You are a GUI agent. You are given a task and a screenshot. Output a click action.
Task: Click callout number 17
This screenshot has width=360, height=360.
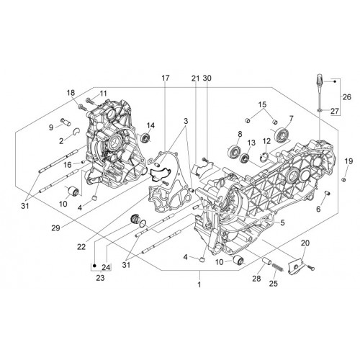[x=165, y=78]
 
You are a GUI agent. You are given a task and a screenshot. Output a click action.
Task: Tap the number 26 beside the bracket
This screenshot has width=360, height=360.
[x=347, y=97]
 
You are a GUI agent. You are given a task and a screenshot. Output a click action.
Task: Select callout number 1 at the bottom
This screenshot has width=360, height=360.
[x=199, y=284]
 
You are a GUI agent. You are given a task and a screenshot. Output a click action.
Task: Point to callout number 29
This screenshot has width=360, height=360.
[x=55, y=228]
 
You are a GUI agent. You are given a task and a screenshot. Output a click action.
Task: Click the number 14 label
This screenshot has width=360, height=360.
[x=150, y=125]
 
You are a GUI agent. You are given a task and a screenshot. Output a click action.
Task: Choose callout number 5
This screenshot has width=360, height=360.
[x=282, y=222]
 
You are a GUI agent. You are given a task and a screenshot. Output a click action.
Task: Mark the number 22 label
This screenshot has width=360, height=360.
[x=81, y=247]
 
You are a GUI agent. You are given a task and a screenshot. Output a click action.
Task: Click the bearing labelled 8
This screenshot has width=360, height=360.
[x=233, y=151]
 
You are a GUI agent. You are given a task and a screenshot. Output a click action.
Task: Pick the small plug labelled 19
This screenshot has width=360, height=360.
[x=343, y=180]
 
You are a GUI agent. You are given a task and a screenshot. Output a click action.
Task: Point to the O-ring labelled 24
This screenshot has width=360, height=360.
[x=143, y=223]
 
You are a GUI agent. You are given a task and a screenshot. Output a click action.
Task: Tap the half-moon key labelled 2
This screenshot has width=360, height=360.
[x=77, y=132]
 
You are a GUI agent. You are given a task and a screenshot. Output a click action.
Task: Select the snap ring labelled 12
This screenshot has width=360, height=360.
[x=264, y=156]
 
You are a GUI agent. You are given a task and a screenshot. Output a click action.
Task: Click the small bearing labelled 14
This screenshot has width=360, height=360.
[x=145, y=138]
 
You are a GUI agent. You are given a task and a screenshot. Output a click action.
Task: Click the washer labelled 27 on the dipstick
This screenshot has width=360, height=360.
[x=319, y=110]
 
